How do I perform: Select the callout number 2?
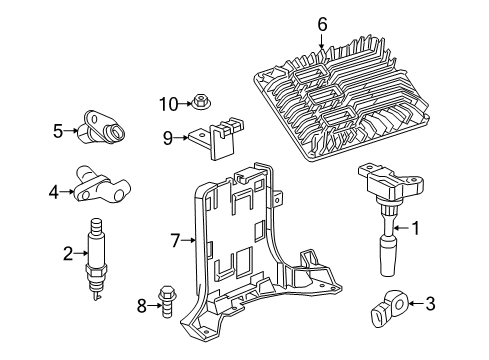point(68,255)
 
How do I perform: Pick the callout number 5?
point(58,128)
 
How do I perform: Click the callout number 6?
point(322,23)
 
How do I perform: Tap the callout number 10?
point(171,102)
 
